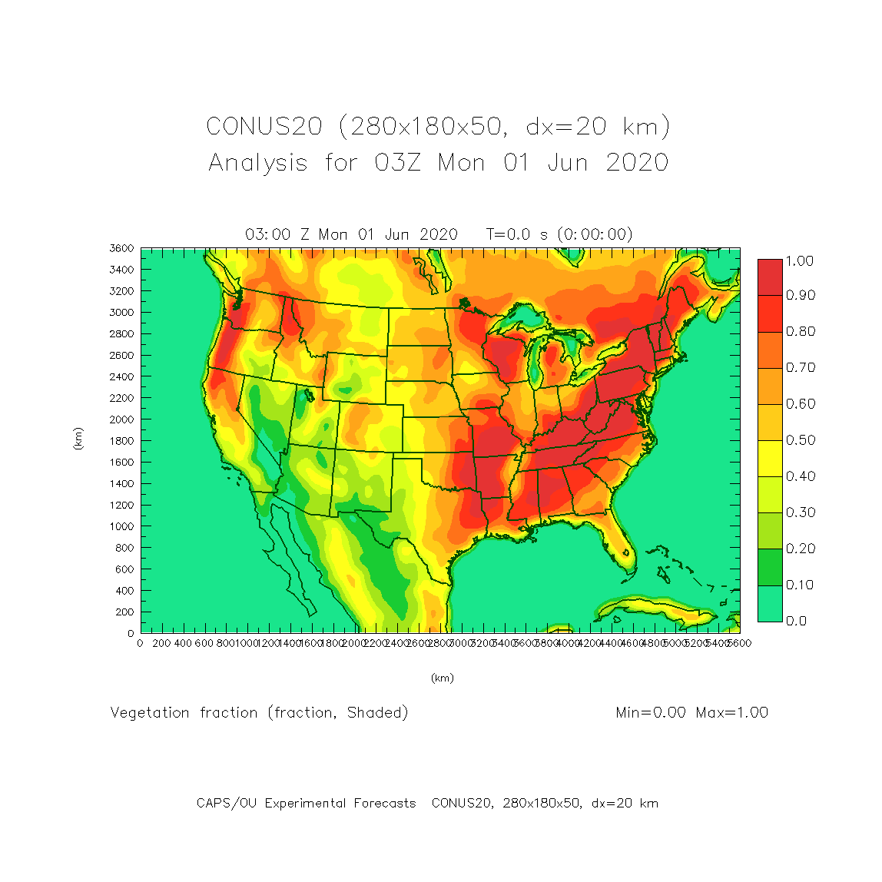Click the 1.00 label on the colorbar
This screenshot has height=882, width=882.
[x=800, y=261]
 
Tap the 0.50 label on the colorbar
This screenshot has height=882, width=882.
[x=800, y=440]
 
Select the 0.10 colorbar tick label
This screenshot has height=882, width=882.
[x=800, y=585]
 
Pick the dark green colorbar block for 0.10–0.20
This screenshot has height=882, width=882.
[x=770, y=567]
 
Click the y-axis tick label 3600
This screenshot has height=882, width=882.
[x=122, y=248]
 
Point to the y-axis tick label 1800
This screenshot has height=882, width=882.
[x=122, y=441]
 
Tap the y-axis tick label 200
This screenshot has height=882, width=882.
[x=124, y=612]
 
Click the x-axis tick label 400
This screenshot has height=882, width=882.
[x=183, y=643]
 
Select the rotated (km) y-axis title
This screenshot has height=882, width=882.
[x=78, y=439]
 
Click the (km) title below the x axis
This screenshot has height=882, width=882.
[x=442, y=678]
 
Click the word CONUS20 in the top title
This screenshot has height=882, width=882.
[x=264, y=127]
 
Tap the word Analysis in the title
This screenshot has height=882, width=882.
[x=258, y=163]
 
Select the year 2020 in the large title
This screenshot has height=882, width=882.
[x=637, y=163]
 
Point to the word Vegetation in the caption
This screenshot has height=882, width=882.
[x=150, y=713]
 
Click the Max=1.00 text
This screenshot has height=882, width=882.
[x=731, y=713]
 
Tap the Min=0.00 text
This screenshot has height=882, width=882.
[x=651, y=713]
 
